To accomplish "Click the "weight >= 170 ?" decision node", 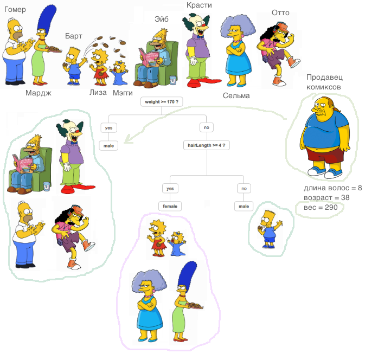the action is click(162, 102).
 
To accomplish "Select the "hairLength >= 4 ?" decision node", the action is click(207, 145).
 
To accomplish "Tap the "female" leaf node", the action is click(170, 206).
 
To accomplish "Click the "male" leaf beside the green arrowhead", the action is click(108, 145).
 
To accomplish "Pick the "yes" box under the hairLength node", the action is click(170, 189).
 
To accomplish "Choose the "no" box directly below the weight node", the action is click(207, 127).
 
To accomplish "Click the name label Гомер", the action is click(15, 10).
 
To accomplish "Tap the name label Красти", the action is click(199, 5).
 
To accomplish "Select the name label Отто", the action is click(280, 12).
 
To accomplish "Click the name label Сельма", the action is click(236, 95).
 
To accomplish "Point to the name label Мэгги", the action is click(123, 93).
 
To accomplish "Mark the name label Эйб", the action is click(162, 19).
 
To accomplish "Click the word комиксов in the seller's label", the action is click(324, 87).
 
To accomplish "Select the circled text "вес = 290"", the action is click(321, 208).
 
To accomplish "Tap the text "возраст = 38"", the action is click(326, 197).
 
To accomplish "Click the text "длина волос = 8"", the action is click(332, 188).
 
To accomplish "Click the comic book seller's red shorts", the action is click(325, 156).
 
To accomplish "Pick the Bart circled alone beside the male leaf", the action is click(269, 229).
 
